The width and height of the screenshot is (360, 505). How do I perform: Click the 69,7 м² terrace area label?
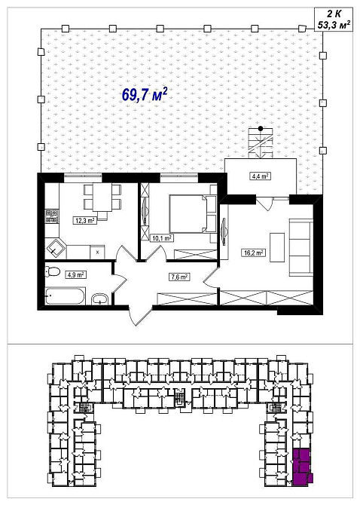(x=145, y=94)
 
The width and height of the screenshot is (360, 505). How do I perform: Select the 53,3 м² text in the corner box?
(x=334, y=25)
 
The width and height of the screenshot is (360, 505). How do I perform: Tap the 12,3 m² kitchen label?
(x=85, y=221)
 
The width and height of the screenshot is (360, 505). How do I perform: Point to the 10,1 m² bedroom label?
(x=162, y=238)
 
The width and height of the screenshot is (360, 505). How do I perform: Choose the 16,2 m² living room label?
(x=254, y=252)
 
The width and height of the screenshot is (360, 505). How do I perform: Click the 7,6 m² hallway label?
(x=179, y=277)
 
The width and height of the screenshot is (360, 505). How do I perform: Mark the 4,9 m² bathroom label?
(x=75, y=274)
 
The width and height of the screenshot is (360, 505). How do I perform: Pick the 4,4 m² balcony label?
(x=260, y=176)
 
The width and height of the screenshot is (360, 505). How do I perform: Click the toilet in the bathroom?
(x=53, y=271)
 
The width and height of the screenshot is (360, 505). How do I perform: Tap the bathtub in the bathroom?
(x=66, y=296)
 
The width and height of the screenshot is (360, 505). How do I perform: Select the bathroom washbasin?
(x=100, y=299)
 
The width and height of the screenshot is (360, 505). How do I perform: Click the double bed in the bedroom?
(x=189, y=213)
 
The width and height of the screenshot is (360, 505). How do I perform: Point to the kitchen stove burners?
(x=51, y=216)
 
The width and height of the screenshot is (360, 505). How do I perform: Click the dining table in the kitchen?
(x=102, y=197)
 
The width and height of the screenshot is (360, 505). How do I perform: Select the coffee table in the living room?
(x=277, y=247)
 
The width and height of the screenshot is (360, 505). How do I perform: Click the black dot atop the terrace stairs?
(x=261, y=128)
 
